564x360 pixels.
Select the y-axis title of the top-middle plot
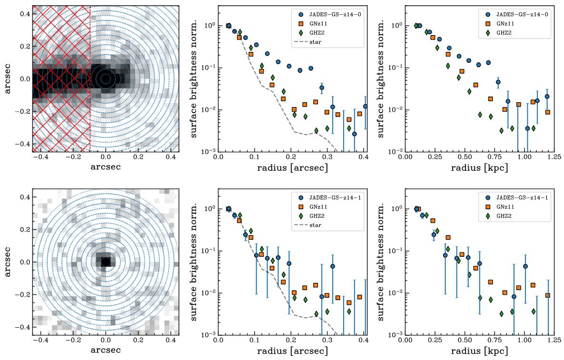(x=196, y=78)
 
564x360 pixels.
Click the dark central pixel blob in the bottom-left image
(x=106, y=262)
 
